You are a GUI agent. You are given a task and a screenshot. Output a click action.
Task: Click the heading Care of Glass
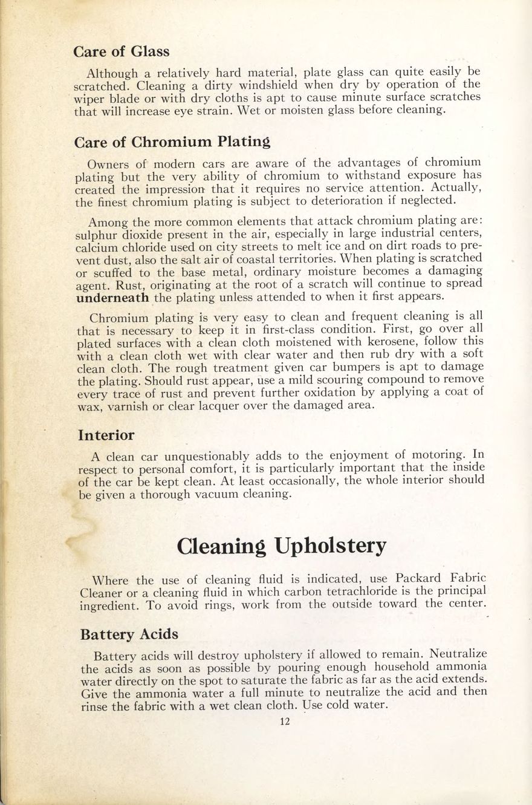pyautogui.click(x=121, y=51)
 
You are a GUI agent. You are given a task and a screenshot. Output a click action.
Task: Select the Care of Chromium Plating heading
pyautogui.click(x=172, y=143)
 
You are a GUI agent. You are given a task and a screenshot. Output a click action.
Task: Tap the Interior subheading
pyautogui.click(x=106, y=435)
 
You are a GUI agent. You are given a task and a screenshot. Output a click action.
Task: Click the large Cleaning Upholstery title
pyautogui.click(x=281, y=546)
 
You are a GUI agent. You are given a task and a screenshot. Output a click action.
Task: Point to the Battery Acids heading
pyautogui.click(x=129, y=634)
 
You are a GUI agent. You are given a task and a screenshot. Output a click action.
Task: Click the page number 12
pyautogui.click(x=285, y=721)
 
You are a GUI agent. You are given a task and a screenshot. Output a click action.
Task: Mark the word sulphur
pyautogui.click(x=95, y=235)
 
